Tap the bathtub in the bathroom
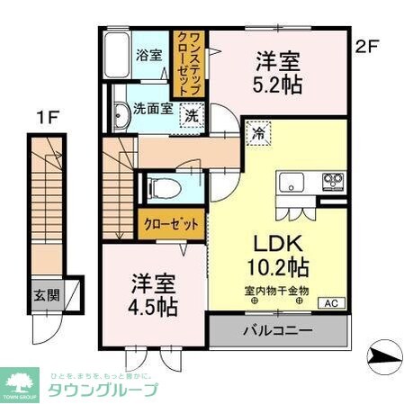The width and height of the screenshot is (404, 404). (118, 56)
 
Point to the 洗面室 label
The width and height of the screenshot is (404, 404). (152, 108)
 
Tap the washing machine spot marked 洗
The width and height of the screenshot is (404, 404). (193, 116)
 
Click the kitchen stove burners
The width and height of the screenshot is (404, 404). (332, 181)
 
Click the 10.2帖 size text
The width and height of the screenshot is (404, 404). (277, 267)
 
